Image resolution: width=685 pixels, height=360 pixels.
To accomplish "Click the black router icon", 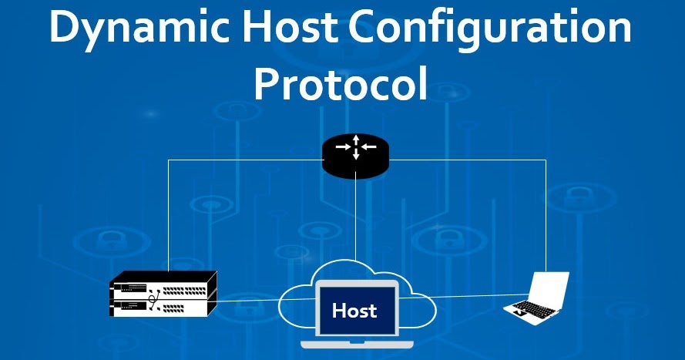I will pyautogui.click(x=355, y=153).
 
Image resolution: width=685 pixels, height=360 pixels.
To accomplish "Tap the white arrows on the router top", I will pyautogui.click(x=355, y=146).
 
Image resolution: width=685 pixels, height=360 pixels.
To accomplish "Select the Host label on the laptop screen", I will pyautogui.click(x=354, y=311).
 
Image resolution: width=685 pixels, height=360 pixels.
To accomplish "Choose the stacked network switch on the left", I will pyautogui.click(x=163, y=294).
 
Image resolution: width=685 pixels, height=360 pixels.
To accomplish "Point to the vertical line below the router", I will pyautogui.click(x=355, y=216).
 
